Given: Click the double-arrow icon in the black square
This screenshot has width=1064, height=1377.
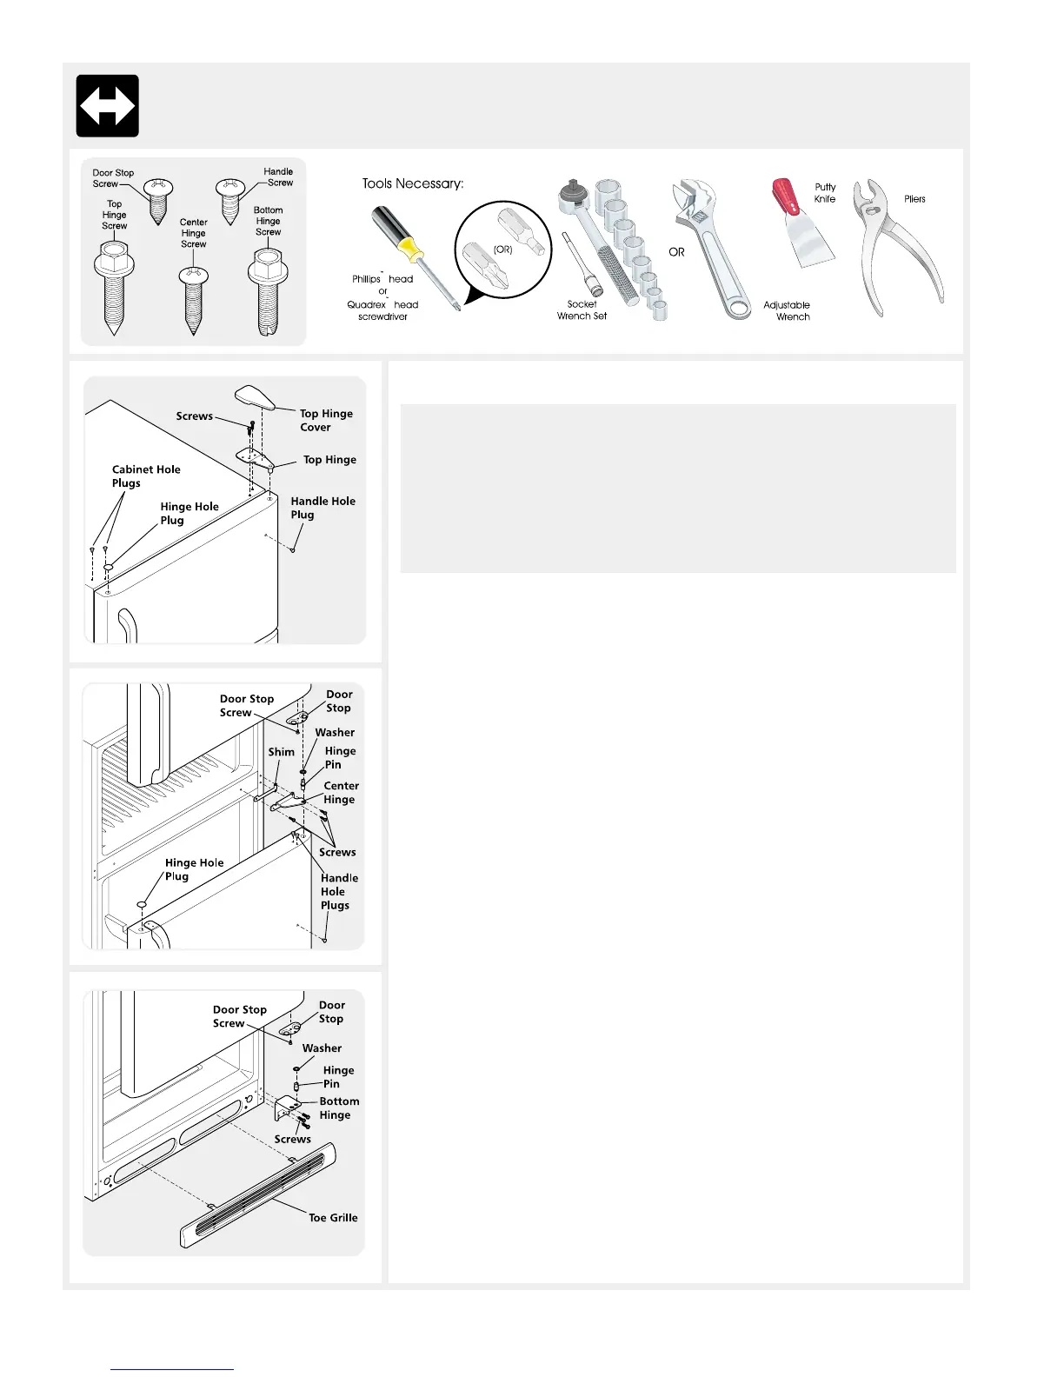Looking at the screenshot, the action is click(x=107, y=105).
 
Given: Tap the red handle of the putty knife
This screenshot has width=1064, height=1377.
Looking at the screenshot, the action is click(x=785, y=196).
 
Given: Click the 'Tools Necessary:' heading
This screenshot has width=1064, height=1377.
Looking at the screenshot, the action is click(x=413, y=183).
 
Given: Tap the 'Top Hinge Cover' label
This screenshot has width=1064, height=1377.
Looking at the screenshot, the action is click(x=325, y=421).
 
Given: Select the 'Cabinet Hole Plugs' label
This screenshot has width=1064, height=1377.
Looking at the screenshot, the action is click(x=145, y=476).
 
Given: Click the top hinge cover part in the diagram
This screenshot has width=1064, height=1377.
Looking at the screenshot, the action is click(x=255, y=396).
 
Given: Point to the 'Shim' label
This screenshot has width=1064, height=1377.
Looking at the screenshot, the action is click(x=281, y=752).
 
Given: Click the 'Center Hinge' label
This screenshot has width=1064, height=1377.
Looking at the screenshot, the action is click(x=341, y=793).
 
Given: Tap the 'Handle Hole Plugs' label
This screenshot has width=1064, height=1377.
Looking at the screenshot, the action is click(x=338, y=892).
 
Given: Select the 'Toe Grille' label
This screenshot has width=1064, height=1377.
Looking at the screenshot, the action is click(x=333, y=1218).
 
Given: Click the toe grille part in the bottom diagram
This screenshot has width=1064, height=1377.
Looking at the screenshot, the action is click(x=257, y=1195).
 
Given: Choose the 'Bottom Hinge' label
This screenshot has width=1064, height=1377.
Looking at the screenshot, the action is click(x=338, y=1108).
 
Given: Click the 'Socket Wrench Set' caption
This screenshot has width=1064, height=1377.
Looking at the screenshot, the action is click(x=582, y=310).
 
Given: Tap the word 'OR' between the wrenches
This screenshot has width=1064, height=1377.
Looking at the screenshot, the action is click(x=676, y=252).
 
